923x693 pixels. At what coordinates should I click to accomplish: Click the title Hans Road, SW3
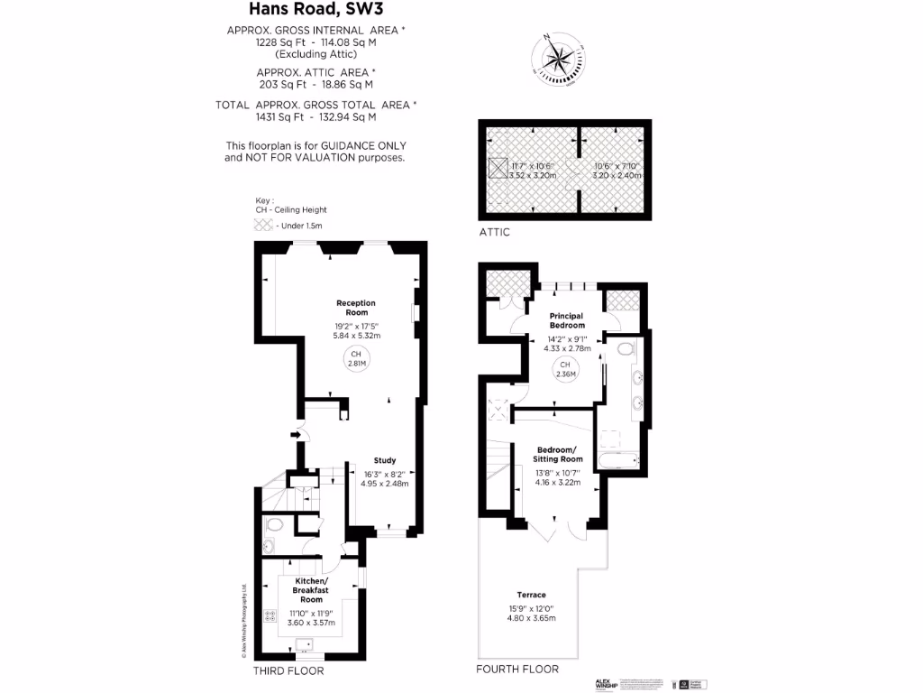(315, 9)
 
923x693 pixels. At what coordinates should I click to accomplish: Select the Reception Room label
(356, 308)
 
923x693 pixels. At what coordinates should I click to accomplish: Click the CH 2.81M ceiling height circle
(356, 358)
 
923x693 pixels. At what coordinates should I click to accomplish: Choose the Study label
(385, 461)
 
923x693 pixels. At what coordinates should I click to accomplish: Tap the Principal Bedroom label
(567, 320)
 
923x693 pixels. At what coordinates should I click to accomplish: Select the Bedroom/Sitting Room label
(560, 455)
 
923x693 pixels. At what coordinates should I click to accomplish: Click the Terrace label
(531, 596)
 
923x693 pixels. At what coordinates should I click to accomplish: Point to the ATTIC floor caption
(495, 232)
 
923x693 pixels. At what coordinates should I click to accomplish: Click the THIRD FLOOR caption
(288, 671)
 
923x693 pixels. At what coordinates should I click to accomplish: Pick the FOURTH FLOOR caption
(517, 669)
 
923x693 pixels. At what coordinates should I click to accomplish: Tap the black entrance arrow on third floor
(295, 436)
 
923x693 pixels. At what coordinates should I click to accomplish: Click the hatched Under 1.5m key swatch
(263, 226)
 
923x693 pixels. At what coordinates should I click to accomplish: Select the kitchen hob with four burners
(270, 617)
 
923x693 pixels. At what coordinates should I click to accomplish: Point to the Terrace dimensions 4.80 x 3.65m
(531, 618)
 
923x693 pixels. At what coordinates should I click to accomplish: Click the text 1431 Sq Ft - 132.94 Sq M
(315, 117)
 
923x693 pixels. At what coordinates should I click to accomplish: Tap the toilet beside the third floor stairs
(274, 523)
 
